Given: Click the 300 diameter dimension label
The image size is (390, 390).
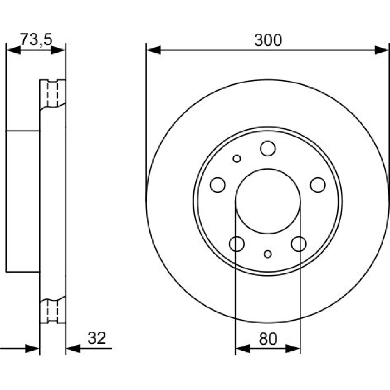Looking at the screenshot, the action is [x=268, y=40].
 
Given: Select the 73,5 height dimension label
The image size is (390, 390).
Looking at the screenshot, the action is [x=36, y=39].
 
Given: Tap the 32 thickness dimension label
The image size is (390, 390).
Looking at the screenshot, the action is [x=97, y=338].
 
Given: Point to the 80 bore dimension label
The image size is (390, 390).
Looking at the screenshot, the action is [x=268, y=339].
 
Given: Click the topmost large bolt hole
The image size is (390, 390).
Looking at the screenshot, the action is [x=268, y=149].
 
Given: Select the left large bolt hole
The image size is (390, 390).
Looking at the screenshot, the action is [x=218, y=185].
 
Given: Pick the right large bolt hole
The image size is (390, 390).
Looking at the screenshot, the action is [x=318, y=185].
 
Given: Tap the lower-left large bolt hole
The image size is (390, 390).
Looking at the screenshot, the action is [x=237, y=244].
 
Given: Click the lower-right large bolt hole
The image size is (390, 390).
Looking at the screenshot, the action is [x=299, y=244].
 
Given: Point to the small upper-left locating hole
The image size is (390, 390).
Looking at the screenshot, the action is [x=237, y=159].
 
